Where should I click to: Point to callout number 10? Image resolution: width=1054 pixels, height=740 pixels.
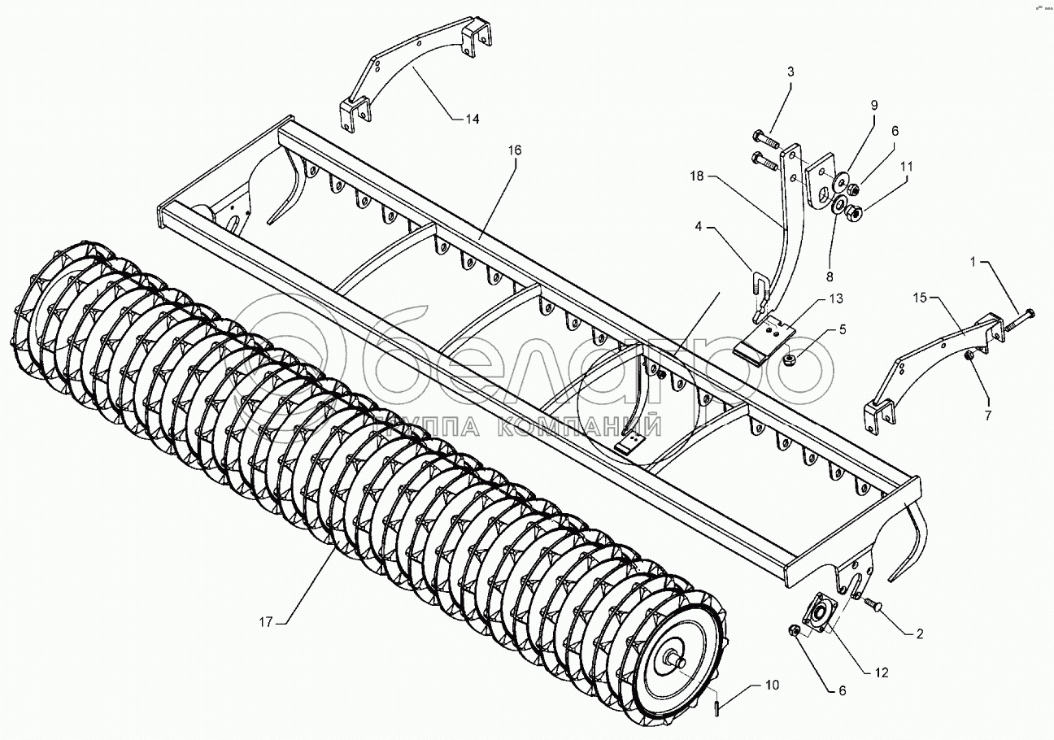point(771,685)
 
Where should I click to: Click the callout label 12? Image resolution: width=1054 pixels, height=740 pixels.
point(882,673)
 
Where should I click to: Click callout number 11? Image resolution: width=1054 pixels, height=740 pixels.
point(906,166)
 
